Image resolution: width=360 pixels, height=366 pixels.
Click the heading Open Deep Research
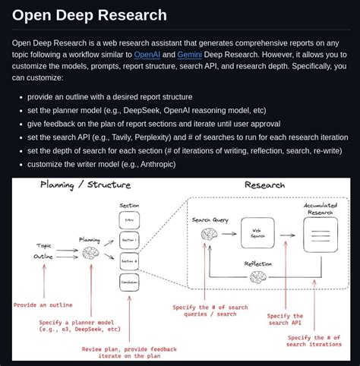coord(89,15)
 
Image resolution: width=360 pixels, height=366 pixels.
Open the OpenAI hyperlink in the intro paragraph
coord(147,55)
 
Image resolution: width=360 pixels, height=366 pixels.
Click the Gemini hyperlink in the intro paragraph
coord(190,55)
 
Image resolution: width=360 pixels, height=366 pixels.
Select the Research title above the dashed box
coord(264,185)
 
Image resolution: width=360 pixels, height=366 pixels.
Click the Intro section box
coord(129,219)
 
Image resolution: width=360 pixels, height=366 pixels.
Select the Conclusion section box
coord(129,282)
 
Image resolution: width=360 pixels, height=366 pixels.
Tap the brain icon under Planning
coord(91,253)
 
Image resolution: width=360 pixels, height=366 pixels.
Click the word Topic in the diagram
coord(45,245)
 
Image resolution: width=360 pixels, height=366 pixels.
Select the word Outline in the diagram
coord(45,256)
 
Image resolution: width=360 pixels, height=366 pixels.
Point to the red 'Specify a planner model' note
coord(79,326)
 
